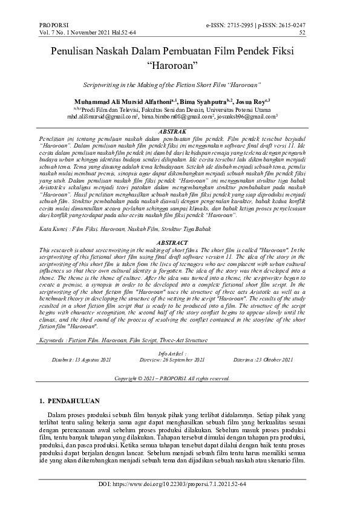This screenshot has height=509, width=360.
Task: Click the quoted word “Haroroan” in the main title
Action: point(180,62)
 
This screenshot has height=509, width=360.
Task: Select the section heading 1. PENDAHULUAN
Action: point(69,401)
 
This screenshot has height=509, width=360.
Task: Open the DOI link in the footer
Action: point(180,485)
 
